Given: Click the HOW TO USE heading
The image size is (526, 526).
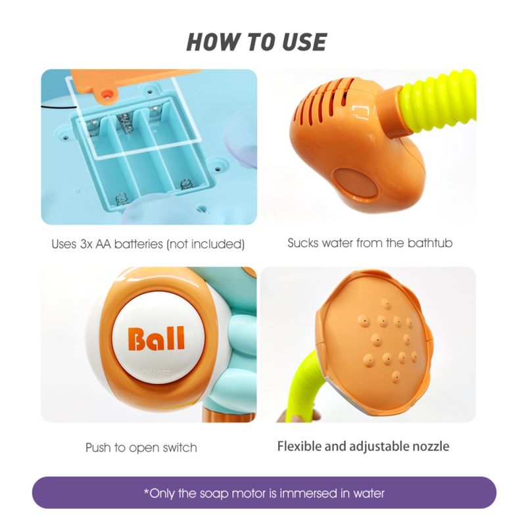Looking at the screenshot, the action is click(x=256, y=42).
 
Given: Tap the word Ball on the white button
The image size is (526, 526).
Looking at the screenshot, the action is click(x=156, y=339).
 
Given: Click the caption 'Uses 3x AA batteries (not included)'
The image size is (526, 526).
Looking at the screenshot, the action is click(x=148, y=244).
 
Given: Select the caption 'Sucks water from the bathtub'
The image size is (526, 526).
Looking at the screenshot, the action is click(x=370, y=243).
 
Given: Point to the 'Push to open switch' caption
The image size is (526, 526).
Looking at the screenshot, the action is click(x=141, y=448).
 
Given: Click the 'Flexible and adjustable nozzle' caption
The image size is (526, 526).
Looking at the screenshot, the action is click(x=364, y=446).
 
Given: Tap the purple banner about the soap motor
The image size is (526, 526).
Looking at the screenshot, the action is click(x=264, y=492).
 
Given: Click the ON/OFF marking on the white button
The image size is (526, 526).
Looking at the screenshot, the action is click(x=156, y=373).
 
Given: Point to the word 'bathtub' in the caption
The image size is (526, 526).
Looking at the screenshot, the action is click(x=430, y=243).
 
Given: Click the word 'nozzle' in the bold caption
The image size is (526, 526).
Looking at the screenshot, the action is click(x=431, y=446).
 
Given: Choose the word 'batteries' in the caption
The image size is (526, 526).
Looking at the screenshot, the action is click(x=139, y=244).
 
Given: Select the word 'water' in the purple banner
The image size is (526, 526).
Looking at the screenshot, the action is click(x=369, y=493).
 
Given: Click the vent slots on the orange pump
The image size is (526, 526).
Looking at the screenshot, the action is click(x=322, y=101).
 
